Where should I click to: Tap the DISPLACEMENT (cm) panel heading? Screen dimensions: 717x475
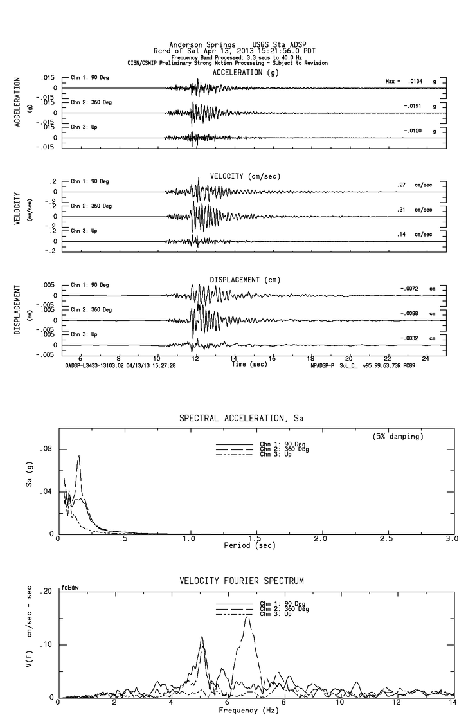(245, 280)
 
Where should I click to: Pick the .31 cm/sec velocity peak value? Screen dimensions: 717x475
(400, 210)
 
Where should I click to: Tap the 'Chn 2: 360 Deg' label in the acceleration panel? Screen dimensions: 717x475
(91, 103)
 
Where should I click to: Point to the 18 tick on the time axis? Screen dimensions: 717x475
(310, 358)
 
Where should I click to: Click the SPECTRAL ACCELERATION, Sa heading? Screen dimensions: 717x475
(241, 419)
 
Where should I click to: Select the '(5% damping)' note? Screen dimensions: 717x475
(396, 436)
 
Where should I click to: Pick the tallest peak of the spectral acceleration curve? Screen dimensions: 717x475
(79, 456)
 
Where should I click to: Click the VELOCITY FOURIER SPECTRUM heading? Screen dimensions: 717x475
(241, 581)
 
